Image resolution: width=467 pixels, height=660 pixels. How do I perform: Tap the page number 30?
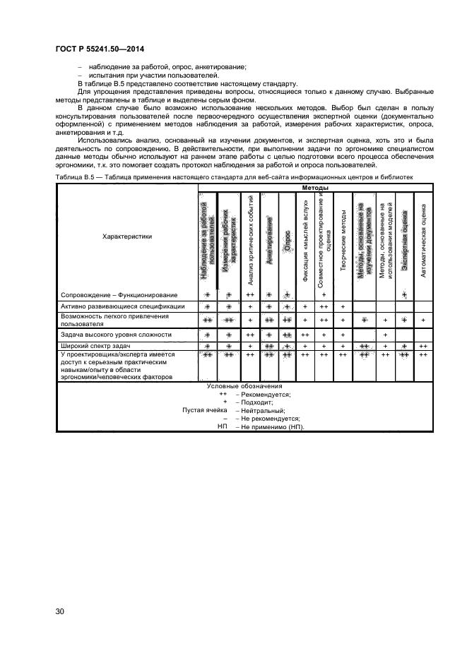[x=60, y=611]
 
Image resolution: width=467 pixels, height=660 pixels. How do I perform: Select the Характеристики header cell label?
[x=126, y=237]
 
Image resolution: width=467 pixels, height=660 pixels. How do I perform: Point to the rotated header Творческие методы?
[x=343, y=240]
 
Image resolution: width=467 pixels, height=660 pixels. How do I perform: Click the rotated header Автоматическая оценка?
[x=423, y=240]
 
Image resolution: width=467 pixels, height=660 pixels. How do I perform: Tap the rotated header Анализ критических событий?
[x=251, y=240]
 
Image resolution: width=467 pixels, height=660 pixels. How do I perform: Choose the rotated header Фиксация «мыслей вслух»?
[x=305, y=240]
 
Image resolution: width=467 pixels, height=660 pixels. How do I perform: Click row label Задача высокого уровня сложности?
[x=116, y=334]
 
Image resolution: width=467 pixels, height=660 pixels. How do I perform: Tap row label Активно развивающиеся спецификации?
[x=123, y=306]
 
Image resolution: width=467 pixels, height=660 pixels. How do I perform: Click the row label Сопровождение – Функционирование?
[x=119, y=294]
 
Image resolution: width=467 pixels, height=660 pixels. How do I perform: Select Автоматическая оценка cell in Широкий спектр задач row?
[x=423, y=347]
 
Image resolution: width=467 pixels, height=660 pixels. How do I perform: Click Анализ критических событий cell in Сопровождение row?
[x=251, y=294]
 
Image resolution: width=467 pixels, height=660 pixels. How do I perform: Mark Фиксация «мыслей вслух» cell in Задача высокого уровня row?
[x=305, y=334]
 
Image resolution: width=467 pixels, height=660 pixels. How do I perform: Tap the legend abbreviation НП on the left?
[x=223, y=427]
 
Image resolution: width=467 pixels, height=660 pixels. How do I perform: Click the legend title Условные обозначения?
[x=244, y=386]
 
